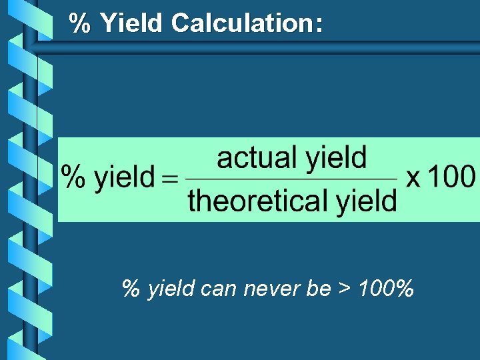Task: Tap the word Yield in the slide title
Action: coord(131,23)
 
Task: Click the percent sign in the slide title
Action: coord(81,23)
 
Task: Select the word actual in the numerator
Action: coord(257,159)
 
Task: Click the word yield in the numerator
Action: coord(336,159)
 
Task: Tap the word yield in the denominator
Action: coord(366,200)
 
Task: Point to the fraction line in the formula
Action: coord(291,179)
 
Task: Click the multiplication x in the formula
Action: coord(413,178)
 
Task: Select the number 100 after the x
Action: coord(451,177)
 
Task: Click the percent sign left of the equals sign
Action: coord(73,178)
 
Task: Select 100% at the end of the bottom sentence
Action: coord(385,289)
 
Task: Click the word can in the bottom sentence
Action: coord(219,289)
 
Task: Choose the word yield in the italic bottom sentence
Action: coord(171,290)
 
